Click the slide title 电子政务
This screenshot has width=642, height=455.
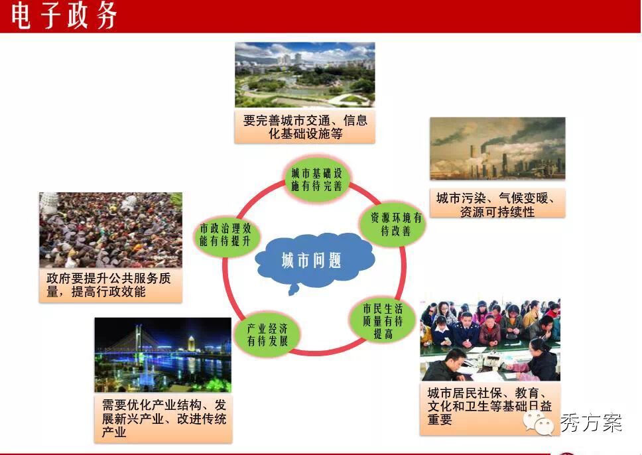tap(64, 15)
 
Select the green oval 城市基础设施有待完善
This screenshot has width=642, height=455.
tap(316, 179)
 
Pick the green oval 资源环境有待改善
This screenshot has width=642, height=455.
tap(393, 224)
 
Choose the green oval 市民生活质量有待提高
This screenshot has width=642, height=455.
tap(383, 320)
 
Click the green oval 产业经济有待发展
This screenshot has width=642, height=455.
tap(267, 334)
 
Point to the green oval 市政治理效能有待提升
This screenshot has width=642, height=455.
tap(225, 235)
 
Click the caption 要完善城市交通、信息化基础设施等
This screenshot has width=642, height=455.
tap(304, 126)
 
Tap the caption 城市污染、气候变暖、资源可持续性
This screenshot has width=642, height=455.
tap(497, 204)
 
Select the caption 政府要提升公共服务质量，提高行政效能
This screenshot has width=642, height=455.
tap(111, 285)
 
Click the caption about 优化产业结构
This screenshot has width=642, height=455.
tap(163, 418)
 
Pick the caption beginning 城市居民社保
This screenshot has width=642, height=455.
tap(490, 407)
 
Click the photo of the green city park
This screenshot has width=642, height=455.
tap(304, 75)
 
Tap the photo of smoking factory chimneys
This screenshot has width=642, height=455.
tap(497, 149)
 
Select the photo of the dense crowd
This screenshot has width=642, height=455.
tap(111, 230)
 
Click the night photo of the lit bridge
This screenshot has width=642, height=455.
tap(163, 355)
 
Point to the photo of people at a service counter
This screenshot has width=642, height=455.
tap(490, 340)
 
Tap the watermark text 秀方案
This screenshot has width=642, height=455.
tap(590, 422)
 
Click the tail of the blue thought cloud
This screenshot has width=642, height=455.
tap(292, 290)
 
